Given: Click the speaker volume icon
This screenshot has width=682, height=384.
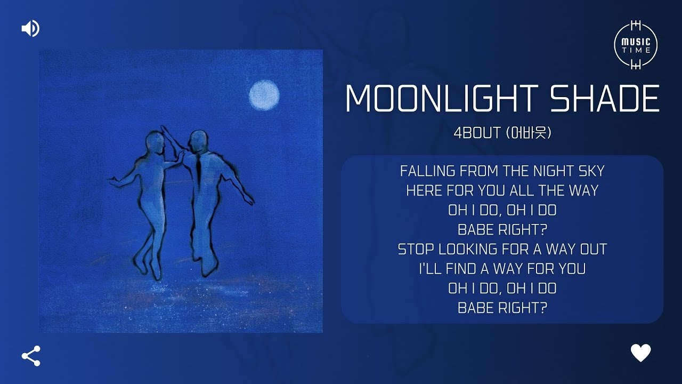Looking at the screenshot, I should [30, 28].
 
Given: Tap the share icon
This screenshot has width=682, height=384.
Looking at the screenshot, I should [31, 356].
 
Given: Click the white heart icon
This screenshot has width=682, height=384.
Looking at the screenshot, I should [640, 353].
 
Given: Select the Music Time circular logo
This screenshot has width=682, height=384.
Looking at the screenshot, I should [636, 45].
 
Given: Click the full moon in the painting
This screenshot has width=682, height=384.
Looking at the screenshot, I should [264, 95].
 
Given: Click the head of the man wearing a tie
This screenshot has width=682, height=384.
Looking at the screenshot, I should [198, 141].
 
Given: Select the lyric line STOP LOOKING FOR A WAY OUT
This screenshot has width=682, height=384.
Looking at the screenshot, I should [502, 249].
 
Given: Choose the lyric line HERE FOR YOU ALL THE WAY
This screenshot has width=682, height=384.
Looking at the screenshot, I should [502, 190].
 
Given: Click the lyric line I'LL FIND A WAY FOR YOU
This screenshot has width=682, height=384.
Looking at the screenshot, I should [502, 269].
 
